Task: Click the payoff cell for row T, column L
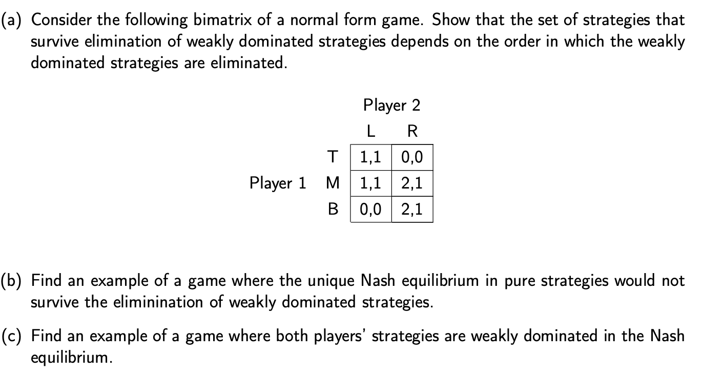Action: [x=370, y=157]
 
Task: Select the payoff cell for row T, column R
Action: [x=412, y=157]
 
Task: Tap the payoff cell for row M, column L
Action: [x=370, y=183]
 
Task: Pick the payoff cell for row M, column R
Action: [x=412, y=183]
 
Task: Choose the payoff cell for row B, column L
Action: [x=370, y=209]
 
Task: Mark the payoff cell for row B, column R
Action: [x=412, y=209]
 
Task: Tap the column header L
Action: [x=371, y=131]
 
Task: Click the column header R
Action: [x=412, y=131]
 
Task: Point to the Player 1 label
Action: [x=277, y=183]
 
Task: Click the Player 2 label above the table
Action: [x=391, y=106]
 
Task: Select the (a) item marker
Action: [x=15, y=20]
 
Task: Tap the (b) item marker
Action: [x=15, y=281]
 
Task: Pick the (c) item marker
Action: [x=15, y=336]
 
